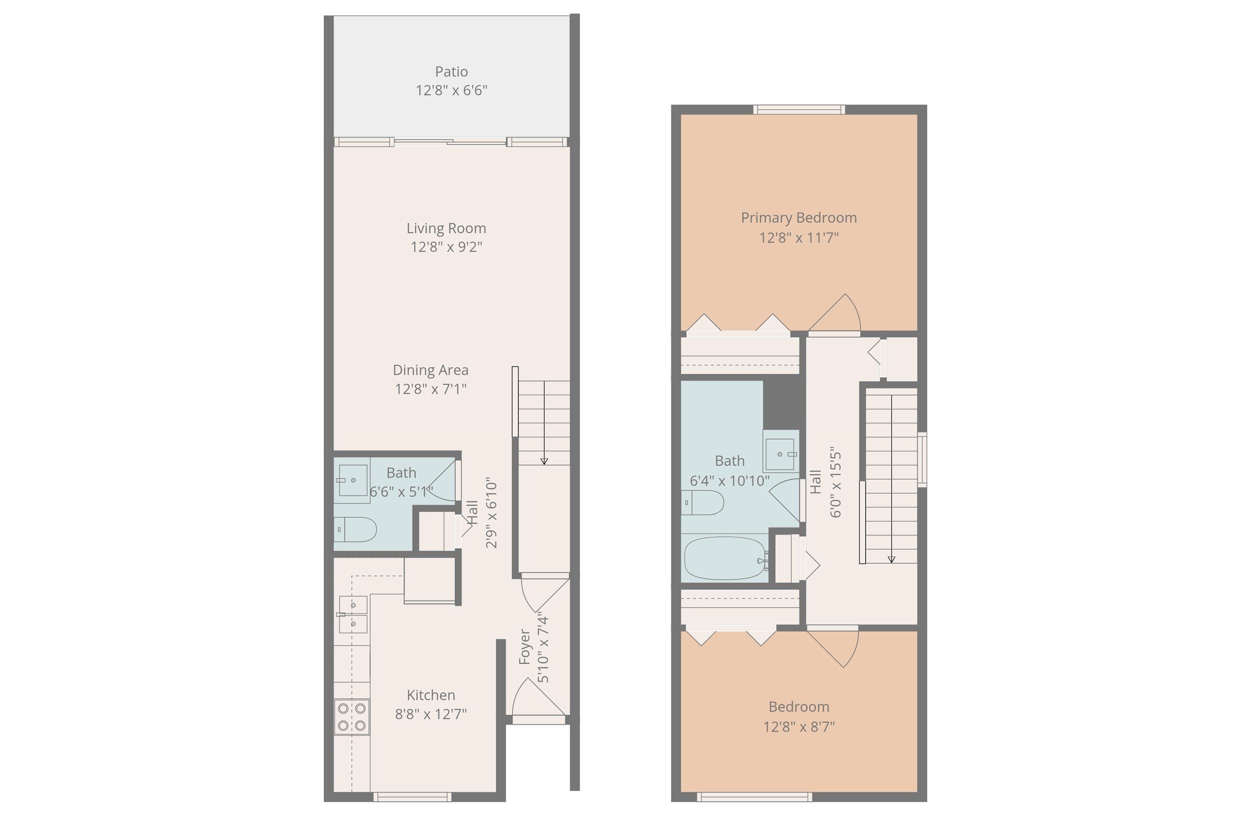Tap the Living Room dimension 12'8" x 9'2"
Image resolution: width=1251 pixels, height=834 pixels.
(446, 247)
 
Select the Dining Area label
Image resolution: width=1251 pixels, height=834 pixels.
(430, 370)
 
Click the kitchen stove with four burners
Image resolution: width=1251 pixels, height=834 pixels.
(352, 717)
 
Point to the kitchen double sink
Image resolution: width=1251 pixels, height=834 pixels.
(352, 614)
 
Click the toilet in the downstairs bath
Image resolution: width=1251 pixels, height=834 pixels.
(355, 529)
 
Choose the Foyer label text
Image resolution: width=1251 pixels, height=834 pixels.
(525, 647)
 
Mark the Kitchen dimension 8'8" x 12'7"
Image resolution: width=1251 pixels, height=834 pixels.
(431, 714)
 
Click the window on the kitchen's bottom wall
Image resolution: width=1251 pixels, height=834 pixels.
(412, 797)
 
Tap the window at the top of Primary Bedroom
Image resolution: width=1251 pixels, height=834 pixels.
(799, 110)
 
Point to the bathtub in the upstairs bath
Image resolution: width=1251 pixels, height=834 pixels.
(726, 558)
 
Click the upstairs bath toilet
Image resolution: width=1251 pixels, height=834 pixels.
(702, 503)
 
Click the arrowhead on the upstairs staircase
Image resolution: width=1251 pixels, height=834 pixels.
(891, 559)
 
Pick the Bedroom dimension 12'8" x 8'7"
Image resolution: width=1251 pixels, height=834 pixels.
(799, 726)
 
